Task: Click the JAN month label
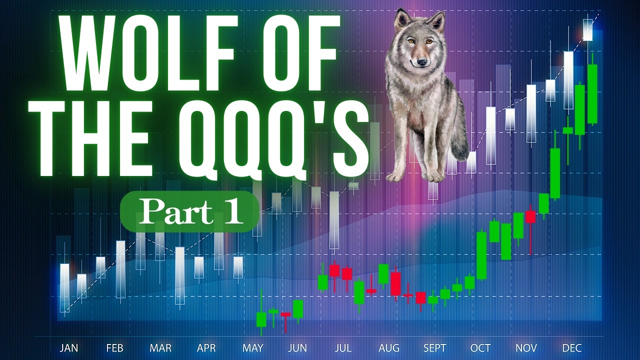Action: (69, 348)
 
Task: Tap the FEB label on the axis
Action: (114, 348)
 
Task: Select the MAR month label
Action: (160, 348)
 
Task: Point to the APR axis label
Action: (206, 348)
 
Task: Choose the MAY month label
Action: (252, 348)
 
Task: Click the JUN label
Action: (297, 348)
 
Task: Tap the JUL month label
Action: (343, 348)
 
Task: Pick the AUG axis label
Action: (389, 348)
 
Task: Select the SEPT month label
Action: (434, 348)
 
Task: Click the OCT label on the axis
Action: (480, 348)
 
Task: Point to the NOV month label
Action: (526, 348)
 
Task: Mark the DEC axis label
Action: (572, 348)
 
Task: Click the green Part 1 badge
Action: (189, 211)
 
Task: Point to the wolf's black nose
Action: (421, 61)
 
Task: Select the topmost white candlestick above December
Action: (587, 30)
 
